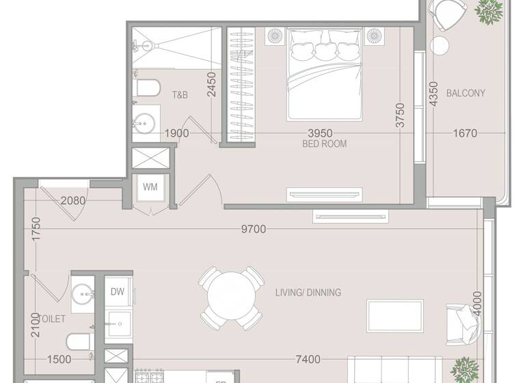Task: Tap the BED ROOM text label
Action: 324,144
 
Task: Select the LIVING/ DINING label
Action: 308,293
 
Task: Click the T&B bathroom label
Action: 180,95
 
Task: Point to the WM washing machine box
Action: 150,187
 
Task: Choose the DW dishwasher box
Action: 117,291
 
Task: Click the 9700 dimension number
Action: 254,230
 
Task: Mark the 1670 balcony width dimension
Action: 464,133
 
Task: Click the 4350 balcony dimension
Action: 432,93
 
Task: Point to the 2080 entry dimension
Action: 73,201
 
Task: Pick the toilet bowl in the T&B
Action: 144,88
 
